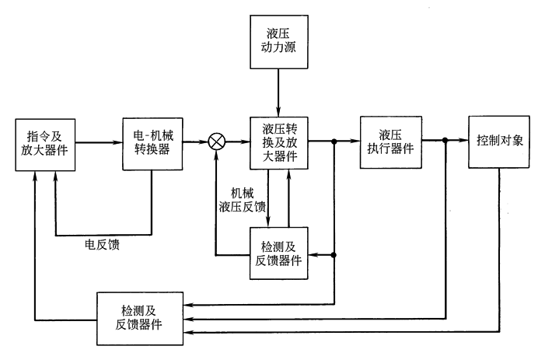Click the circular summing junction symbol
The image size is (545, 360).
[x=218, y=142]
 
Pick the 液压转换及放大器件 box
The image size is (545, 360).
[x=279, y=142]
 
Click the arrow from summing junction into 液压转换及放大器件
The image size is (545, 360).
[x=237, y=142]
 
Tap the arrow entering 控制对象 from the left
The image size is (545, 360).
[x=456, y=141]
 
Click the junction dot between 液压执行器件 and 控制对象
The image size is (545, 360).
[x=445, y=141]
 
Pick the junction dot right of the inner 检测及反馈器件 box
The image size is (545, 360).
[x=334, y=254]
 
